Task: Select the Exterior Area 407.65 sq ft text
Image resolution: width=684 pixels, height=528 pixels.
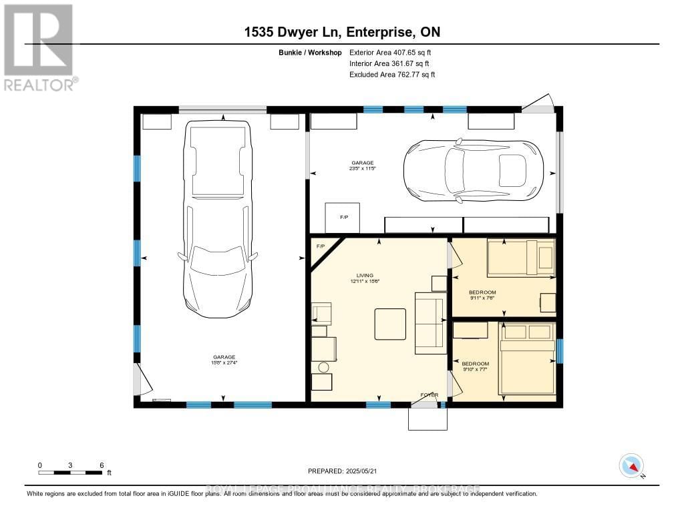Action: tap(392, 52)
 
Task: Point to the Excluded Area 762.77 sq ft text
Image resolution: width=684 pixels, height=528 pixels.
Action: tap(392, 75)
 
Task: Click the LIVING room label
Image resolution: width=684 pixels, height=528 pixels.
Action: tap(365, 278)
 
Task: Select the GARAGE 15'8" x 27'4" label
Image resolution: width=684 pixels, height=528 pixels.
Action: tap(224, 360)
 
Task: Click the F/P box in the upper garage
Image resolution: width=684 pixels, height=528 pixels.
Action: tap(343, 218)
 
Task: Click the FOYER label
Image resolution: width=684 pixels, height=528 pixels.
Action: tap(429, 395)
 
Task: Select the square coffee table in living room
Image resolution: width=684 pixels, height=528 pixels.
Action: tap(389, 324)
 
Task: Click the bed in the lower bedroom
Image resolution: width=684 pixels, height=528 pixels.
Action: tap(528, 358)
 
